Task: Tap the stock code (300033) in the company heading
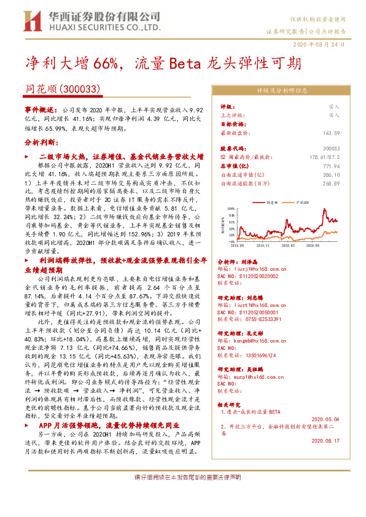(82, 88)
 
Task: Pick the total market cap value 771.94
(332, 166)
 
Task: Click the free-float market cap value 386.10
(332, 174)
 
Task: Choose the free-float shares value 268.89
(332, 183)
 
